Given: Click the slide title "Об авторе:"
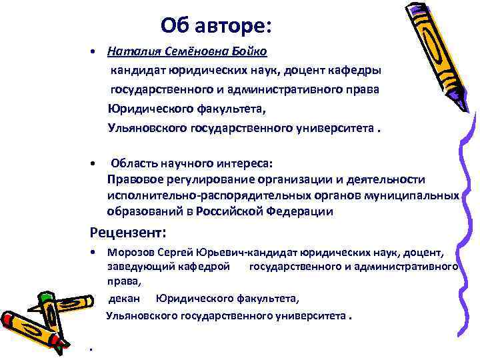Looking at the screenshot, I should click(x=216, y=26).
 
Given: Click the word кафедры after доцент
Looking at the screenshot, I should click(x=360, y=70).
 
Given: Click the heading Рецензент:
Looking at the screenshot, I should click(x=127, y=233).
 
